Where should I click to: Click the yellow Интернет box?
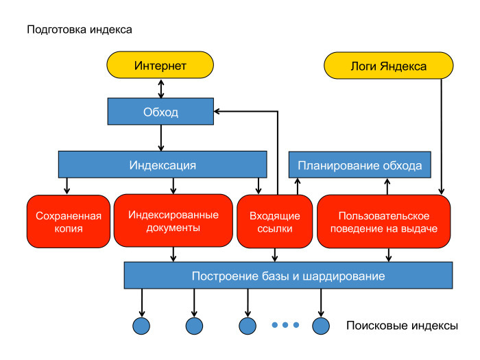160,66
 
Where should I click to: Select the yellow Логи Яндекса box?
388,66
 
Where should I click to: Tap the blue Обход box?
160,112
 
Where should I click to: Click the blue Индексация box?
163,165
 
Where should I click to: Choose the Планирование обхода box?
359,166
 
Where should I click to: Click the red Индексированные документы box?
173,221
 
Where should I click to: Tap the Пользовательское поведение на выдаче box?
383,221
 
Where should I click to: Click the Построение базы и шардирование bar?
288,276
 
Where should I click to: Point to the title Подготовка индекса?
79,30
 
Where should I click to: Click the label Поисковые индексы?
402,326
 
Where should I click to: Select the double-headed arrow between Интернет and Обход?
161,87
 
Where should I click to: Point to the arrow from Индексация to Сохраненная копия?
67,187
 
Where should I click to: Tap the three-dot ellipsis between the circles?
285,325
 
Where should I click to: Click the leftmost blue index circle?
141,325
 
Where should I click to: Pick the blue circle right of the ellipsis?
321,325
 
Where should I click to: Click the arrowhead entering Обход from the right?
217,111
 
